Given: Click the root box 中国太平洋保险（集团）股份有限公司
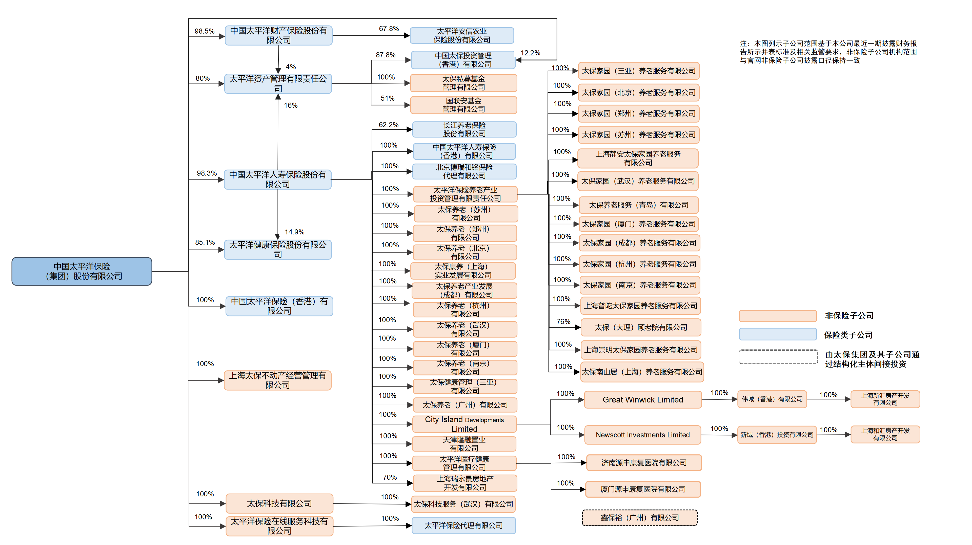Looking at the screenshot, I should [82, 271].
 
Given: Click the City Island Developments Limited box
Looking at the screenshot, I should [464, 424].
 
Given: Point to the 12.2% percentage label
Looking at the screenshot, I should [530, 53].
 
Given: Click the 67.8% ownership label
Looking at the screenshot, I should [389, 29].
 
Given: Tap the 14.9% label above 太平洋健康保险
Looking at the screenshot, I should [294, 232].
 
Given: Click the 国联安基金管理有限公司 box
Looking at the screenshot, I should [463, 105].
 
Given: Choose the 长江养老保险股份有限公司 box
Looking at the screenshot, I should [464, 129].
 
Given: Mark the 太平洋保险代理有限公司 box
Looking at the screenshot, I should [463, 525].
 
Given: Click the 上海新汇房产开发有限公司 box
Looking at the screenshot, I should [885, 399].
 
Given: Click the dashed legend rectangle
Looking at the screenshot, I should [778, 357].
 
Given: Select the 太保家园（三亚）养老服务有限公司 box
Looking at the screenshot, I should [638, 71].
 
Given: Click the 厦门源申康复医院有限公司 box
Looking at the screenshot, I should [643, 489].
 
